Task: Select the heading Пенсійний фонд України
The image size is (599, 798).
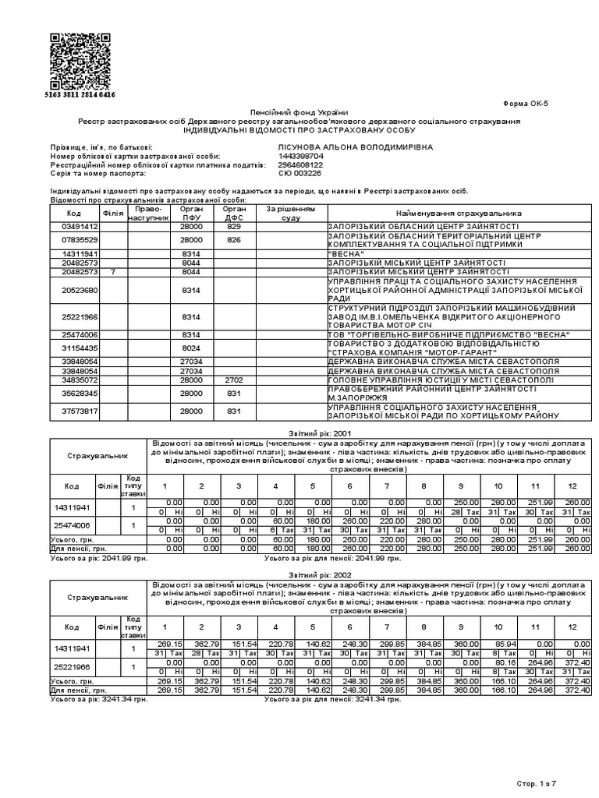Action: (x=299, y=114)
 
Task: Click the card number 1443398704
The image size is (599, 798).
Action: (x=300, y=156)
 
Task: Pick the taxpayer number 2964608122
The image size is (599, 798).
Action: (x=300, y=165)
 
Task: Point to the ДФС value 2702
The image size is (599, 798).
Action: (x=234, y=380)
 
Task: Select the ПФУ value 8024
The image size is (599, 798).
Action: (x=191, y=348)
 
